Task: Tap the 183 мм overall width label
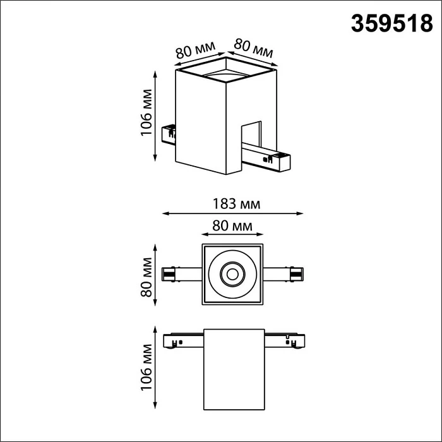pyautogui.click(x=233, y=203)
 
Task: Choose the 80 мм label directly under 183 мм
pyautogui.click(x=233, y=225)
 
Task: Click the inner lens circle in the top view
pyautogui.click(x=232, y=274)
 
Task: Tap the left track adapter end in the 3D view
pyautogui.click(x=169, y=133)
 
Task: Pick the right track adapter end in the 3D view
pyautogui.click(x=278, y=162)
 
